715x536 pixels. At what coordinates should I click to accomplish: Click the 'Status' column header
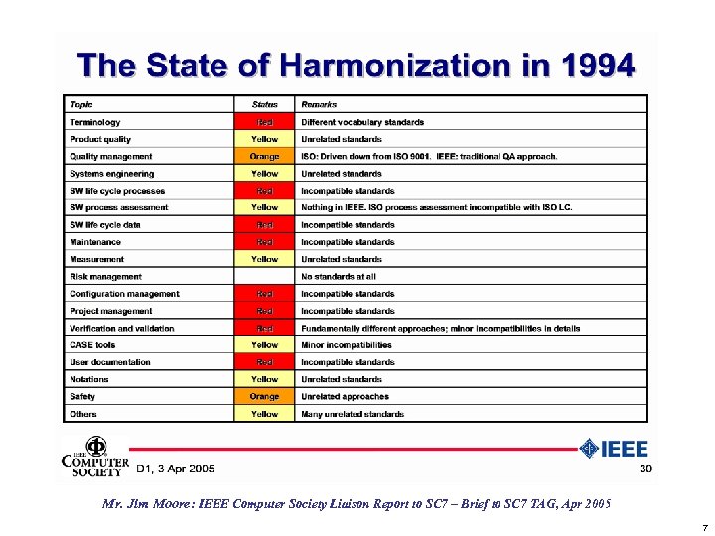[265, 104]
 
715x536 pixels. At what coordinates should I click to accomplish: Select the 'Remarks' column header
[321, 104]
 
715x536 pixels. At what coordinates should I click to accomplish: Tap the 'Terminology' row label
[95, 122]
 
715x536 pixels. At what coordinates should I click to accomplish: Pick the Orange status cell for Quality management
[265, 156]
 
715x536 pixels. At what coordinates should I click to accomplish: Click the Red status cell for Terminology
[265, 122]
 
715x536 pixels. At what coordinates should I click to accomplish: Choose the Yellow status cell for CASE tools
[265, 345]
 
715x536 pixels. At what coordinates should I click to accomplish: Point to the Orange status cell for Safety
[265, 396]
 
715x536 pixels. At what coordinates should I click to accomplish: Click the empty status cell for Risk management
[265, 276]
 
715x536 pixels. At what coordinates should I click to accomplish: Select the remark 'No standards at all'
[339, 276]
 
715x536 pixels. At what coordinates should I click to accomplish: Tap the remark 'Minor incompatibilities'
[347, 345]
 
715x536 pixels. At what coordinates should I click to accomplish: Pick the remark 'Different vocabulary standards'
[362, 122]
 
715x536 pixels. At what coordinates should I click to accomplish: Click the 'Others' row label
[83, 414]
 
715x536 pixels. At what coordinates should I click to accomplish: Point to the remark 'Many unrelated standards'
[353, 414]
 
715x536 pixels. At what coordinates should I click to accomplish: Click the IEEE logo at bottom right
[615, 449]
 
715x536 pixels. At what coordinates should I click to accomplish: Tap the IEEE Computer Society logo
[95, 458]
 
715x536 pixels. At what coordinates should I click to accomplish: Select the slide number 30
[644, 469]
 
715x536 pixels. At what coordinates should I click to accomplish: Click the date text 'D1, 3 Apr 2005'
[175, 469]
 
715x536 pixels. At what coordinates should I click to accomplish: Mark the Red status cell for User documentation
[265, 362]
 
